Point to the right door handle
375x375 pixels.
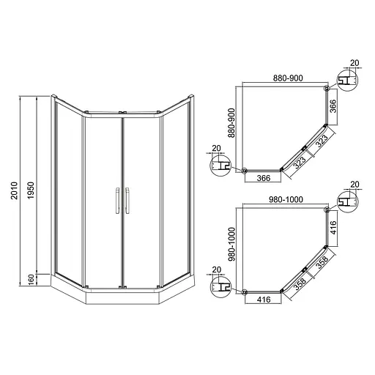pyautogui.click(x=127, y=200)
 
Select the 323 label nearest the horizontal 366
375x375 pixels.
pyautogui.click(x=299, y=160)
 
